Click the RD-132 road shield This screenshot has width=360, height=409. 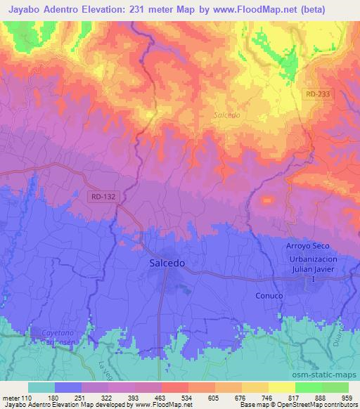point(103,197)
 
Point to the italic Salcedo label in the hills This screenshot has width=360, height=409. point(226,115)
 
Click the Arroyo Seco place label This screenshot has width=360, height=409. point(307,245)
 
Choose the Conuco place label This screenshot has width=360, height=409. point(269,296)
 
